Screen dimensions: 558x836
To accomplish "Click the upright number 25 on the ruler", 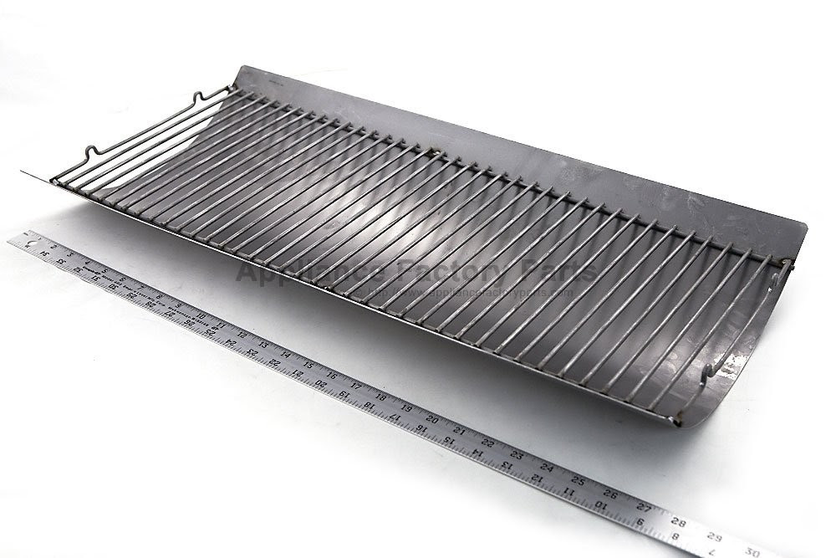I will click(577, 481).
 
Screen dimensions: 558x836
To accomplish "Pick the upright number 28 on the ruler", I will click(678, 523).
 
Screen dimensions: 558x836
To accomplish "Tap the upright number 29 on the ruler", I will click(713, 536).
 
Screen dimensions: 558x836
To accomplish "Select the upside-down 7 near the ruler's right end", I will click(711, 552).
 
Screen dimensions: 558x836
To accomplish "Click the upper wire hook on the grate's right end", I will click(787, 265).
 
